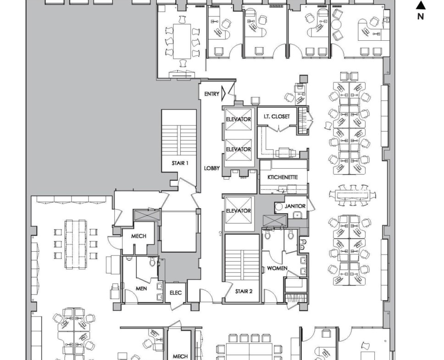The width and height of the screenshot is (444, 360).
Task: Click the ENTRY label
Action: (x=212, y=94)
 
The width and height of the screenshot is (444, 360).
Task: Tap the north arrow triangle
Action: (x=421, y=6)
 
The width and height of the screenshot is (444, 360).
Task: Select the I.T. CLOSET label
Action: (x=277, y=116)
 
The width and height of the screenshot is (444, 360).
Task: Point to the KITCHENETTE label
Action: (x=283, y=177)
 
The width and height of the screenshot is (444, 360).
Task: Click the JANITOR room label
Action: (x=295, y=206)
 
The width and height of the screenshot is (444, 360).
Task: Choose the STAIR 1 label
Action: (x=180, y=163)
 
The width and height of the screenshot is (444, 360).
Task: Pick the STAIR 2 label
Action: (x=244, y=291)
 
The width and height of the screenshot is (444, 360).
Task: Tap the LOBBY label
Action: (x=212, y=168)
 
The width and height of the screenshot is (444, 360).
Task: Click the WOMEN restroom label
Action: (x=277, y=268)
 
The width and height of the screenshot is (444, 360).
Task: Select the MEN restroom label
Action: (x=141, y=288)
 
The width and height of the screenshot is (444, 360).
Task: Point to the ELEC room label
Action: (x=176, y=293)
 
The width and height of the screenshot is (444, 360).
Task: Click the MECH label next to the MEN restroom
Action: (x=139, y=236)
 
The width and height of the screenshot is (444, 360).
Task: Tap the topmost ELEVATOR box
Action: (x=239, y=119)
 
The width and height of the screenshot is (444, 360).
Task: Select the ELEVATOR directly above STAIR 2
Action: (x=239, y=210)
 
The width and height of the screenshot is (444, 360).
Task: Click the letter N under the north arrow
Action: (x=421, y=17)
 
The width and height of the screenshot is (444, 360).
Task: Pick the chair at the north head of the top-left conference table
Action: (x=183, y=20)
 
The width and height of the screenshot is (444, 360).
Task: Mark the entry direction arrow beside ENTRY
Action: (x=223, y=93)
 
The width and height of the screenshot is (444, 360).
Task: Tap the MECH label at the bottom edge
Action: (x=180, y=356)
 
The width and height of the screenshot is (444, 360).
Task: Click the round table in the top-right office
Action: (x=337, y=24)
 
